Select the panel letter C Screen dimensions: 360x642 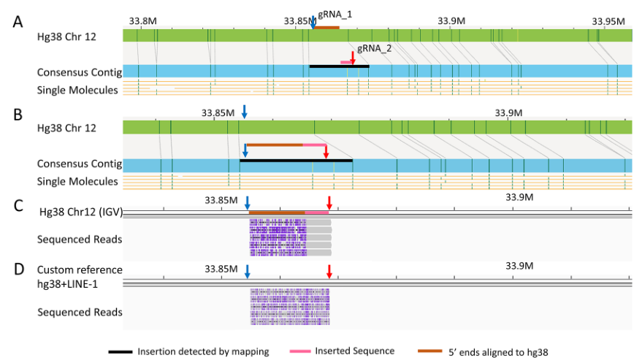[x=19, y=205]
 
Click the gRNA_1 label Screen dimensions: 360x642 [x=332, y=14]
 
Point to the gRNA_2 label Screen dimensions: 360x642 [x=374, y=48]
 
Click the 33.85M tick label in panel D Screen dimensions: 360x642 [x=220, y=269]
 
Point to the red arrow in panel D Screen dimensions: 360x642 [x=329, y=272]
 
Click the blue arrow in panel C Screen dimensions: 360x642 [x=248, y=202]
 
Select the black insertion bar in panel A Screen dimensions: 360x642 [x=339, y=66]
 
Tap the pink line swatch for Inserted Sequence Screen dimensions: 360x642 [x=297, y=352]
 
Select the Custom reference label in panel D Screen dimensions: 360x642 [x=80, y=270]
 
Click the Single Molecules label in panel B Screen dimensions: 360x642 [x=77, y=181]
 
